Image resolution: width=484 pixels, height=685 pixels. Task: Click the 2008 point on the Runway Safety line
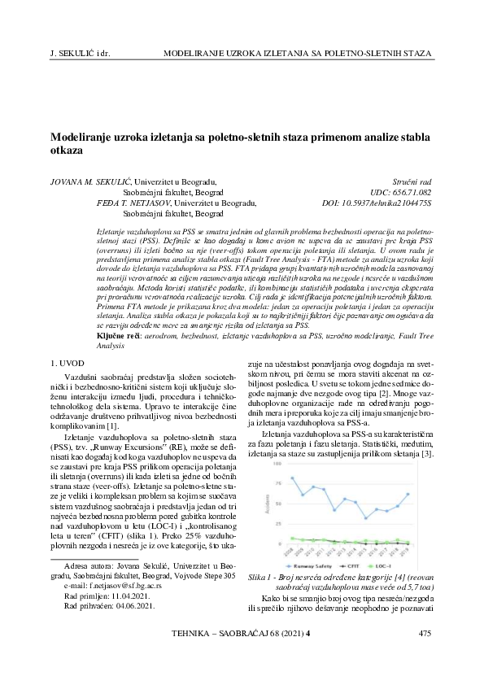(292, 478)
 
